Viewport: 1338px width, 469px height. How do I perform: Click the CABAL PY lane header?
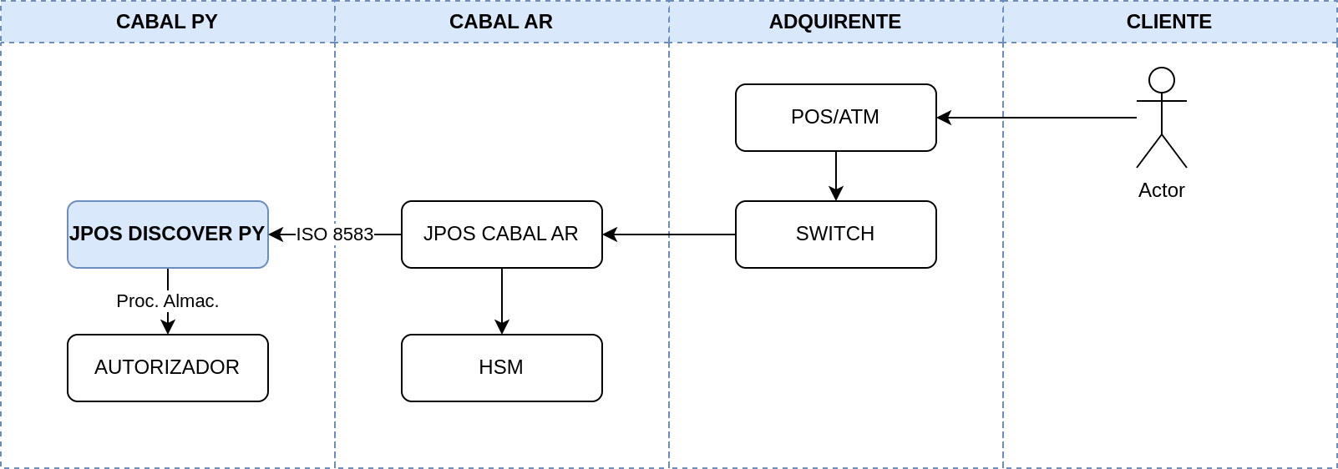[167, 22]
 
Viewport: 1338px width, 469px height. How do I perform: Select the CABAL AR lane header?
[502, 22]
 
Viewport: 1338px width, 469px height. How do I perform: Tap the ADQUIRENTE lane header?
[836, 22]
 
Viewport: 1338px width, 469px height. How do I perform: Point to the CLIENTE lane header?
[1169, 22]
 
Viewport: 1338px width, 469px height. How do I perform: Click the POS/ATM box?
[836, 118]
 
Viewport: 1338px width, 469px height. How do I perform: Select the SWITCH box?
[836, 234]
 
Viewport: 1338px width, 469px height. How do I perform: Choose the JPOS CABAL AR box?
[502, 234]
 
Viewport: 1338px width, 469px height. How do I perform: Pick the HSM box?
[502, 368]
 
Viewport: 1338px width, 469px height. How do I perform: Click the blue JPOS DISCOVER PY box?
[168, 234]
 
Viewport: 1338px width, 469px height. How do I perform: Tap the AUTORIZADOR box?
[168, 368]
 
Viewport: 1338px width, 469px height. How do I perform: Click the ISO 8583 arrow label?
[334, 234]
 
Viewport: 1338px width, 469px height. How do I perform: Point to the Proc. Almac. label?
[168, 300]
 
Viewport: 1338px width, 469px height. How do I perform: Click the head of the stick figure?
[1162, 80]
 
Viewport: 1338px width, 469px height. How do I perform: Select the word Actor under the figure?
[1161, 190]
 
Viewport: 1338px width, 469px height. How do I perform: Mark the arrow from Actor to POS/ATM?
[1036, 118]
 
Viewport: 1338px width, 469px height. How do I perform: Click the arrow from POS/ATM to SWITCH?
[836, 176]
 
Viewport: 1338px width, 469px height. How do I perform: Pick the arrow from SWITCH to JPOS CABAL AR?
[669, 234]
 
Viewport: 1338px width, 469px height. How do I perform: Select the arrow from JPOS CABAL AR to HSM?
[502, 301]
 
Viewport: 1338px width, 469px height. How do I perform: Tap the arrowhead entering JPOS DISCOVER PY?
[276, 234]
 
